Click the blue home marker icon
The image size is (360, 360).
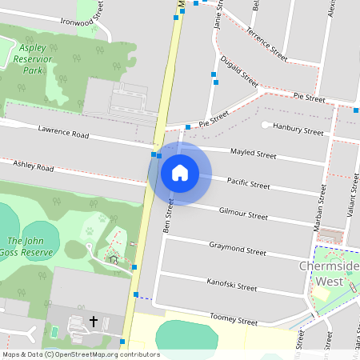pyautogui.click(x=179, y=173)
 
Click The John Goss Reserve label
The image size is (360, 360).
pyautogui.click(x=30, y=246)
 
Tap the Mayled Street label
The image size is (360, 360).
pyautogui.click(x=253, y=153)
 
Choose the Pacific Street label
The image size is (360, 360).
pyautogui.click(x=248, y=183)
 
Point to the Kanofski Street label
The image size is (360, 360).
pyautogui.click(x=231, y=284)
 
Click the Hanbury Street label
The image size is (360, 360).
pyautogui.click(x=298, y=129)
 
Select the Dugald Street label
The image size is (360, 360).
pyautogui.click(x=239, y=70)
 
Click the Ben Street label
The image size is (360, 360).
pyautogui.click(x=169, y=212)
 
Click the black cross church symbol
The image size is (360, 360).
pyautogui.click(x=94, y=322)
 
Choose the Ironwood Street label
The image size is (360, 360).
pyautogui.click(x=83, y=18)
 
